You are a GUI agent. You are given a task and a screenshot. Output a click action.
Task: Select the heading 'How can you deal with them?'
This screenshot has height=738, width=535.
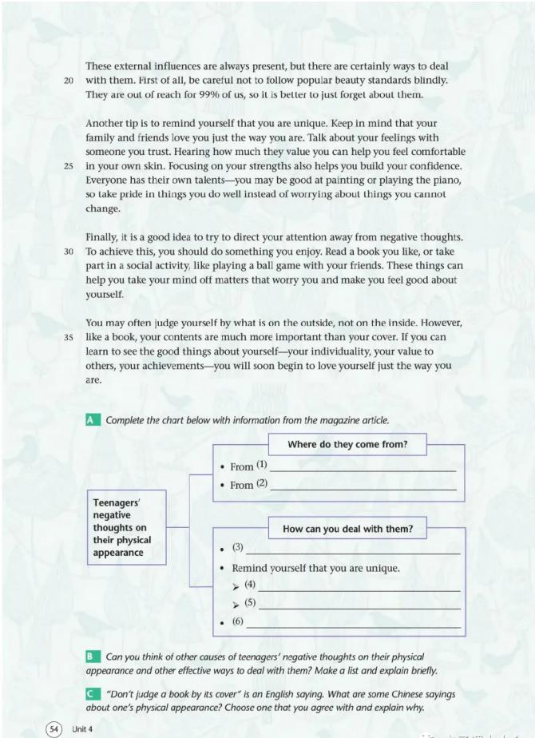tap(347, 528)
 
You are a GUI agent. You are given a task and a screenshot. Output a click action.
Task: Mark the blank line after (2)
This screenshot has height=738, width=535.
tap(363, 487)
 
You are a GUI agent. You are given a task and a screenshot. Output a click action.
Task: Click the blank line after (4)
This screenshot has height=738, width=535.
tap(359, 589)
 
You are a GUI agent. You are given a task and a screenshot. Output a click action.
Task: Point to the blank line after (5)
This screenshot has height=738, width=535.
tap(359, 608)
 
